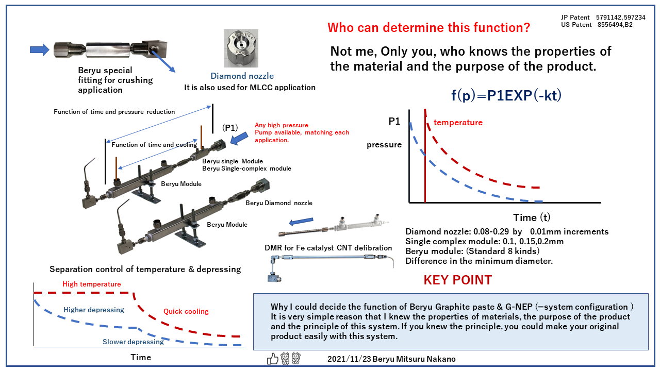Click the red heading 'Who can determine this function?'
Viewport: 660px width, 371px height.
(428, 28)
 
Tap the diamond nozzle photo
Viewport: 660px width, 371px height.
(241, 48)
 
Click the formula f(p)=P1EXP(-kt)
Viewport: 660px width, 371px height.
(506, 95)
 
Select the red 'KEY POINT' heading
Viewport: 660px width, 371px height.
(457, 280)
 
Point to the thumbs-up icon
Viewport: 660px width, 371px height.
(272, 359)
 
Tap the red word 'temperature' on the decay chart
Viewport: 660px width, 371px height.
(458, 123)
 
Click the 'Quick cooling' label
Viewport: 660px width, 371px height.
(186, 312)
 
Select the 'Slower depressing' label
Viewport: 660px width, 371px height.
(133, 342)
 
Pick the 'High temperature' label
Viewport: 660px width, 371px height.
(92, 284)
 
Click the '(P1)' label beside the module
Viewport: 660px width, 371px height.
(230, 128)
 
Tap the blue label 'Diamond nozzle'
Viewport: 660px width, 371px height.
(242, 76)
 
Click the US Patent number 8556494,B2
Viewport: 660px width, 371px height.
(615, 25)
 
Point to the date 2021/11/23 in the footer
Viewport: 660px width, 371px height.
(349, 359)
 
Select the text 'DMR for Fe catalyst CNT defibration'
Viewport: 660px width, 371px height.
(328, 248)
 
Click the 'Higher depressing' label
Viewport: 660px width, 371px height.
(94, 310)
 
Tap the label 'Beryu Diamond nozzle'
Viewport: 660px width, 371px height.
(279, 203)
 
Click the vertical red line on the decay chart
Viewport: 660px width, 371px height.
(425, 156)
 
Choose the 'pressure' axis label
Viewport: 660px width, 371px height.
(384, 145)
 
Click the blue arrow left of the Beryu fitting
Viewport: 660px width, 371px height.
(40, 50)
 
